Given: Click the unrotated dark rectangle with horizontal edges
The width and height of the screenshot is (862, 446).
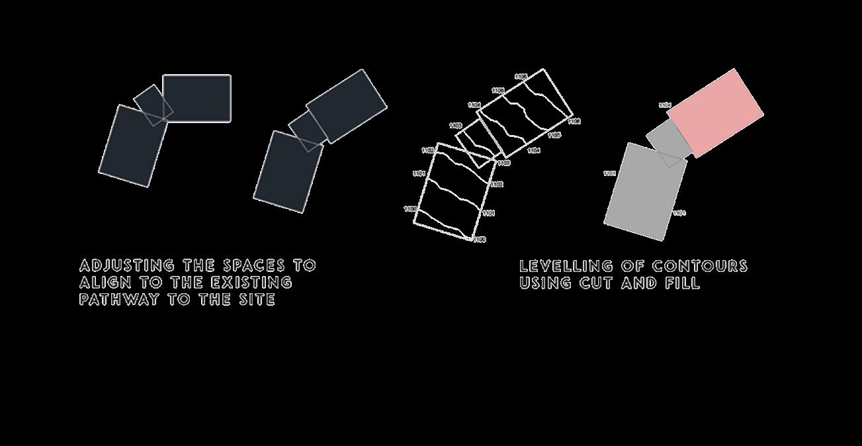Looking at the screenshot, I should pos(196,98).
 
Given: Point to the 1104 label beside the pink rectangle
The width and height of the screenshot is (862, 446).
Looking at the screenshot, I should pos(664,105).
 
